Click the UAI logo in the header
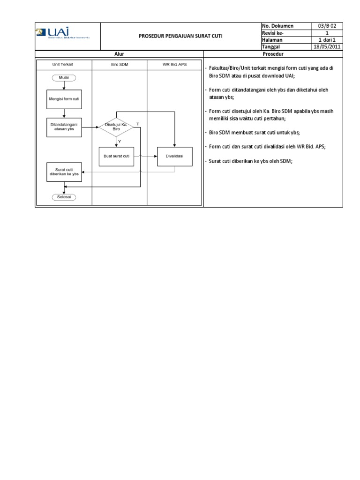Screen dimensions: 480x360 62,34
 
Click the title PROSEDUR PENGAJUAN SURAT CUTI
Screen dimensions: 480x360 180,36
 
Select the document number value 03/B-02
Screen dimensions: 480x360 327,26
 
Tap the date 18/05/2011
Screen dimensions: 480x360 327,47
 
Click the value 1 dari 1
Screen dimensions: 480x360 327,40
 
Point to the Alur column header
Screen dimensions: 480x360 119,54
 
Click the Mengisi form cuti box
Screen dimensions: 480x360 64,100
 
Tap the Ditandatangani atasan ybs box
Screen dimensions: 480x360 64,127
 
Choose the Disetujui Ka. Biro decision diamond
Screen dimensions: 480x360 116,127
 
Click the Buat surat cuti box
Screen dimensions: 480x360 116,156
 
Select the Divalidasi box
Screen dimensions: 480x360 174,156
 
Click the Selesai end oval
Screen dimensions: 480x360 64,197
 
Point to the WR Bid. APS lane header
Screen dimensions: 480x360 174,64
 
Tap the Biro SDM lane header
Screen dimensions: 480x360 119,64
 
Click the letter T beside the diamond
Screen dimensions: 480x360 137,123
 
